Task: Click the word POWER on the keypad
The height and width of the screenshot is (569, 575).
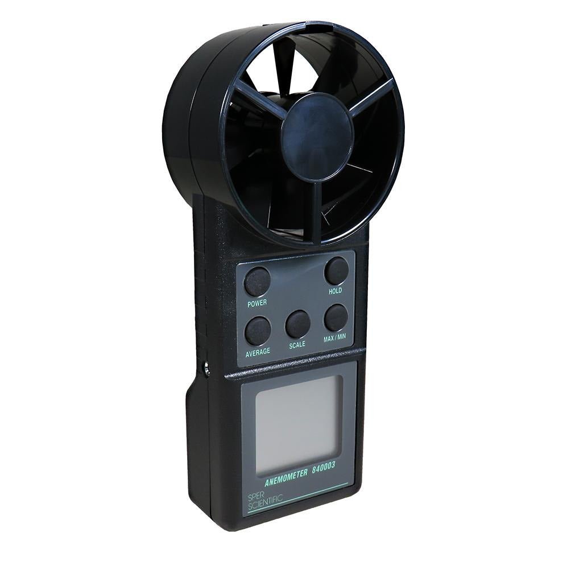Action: pyautogui.click(x=257, y=303)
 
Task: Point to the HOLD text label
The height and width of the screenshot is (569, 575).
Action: pyautogui.click(x=335, y=291)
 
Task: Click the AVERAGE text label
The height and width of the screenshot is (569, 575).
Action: pyautogui.click(x=258, y=351)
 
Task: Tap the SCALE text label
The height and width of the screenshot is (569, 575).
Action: pyautogui.click(x=297, y=345)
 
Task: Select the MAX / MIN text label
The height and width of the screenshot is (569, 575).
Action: pyautogui.click(x=334, y=337)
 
